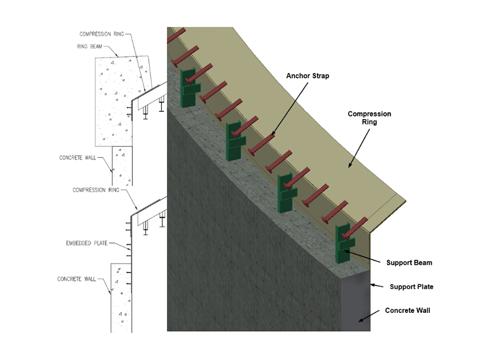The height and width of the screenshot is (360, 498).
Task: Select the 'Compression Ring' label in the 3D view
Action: pos(369,118)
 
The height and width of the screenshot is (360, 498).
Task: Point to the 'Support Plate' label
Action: pos(411,287)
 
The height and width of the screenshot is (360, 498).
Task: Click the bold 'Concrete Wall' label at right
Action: pos(407,310)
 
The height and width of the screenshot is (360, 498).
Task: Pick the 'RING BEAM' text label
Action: pos(90,47)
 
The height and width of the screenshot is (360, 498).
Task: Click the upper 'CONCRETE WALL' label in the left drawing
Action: pos(79,158)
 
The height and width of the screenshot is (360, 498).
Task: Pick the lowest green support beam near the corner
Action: pos(344,243)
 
